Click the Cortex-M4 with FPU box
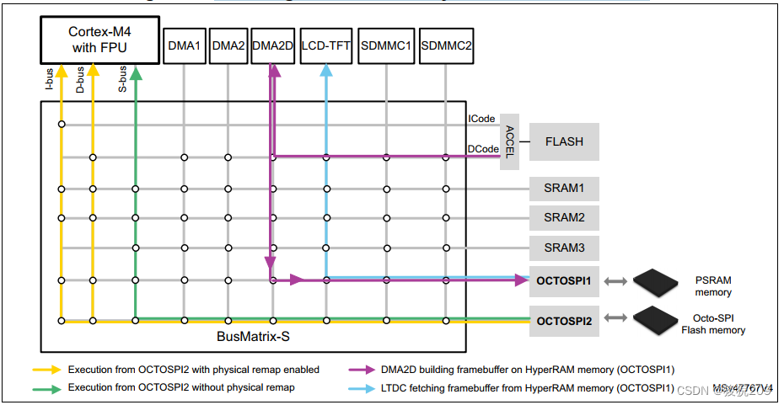(100, 40)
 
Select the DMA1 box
(185, 45)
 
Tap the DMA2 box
(228, 45)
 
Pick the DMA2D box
(272, 45)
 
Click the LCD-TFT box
(325, 45)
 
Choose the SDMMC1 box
(386, 45)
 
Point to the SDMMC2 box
(446, 45)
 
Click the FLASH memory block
(564, 141)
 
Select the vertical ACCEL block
(510, 141)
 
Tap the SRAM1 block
(564, 188)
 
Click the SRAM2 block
(564, 218)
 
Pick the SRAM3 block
(564, 248)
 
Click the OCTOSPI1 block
(564, 280)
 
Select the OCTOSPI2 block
(564, 321)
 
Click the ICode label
(481, 119)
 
